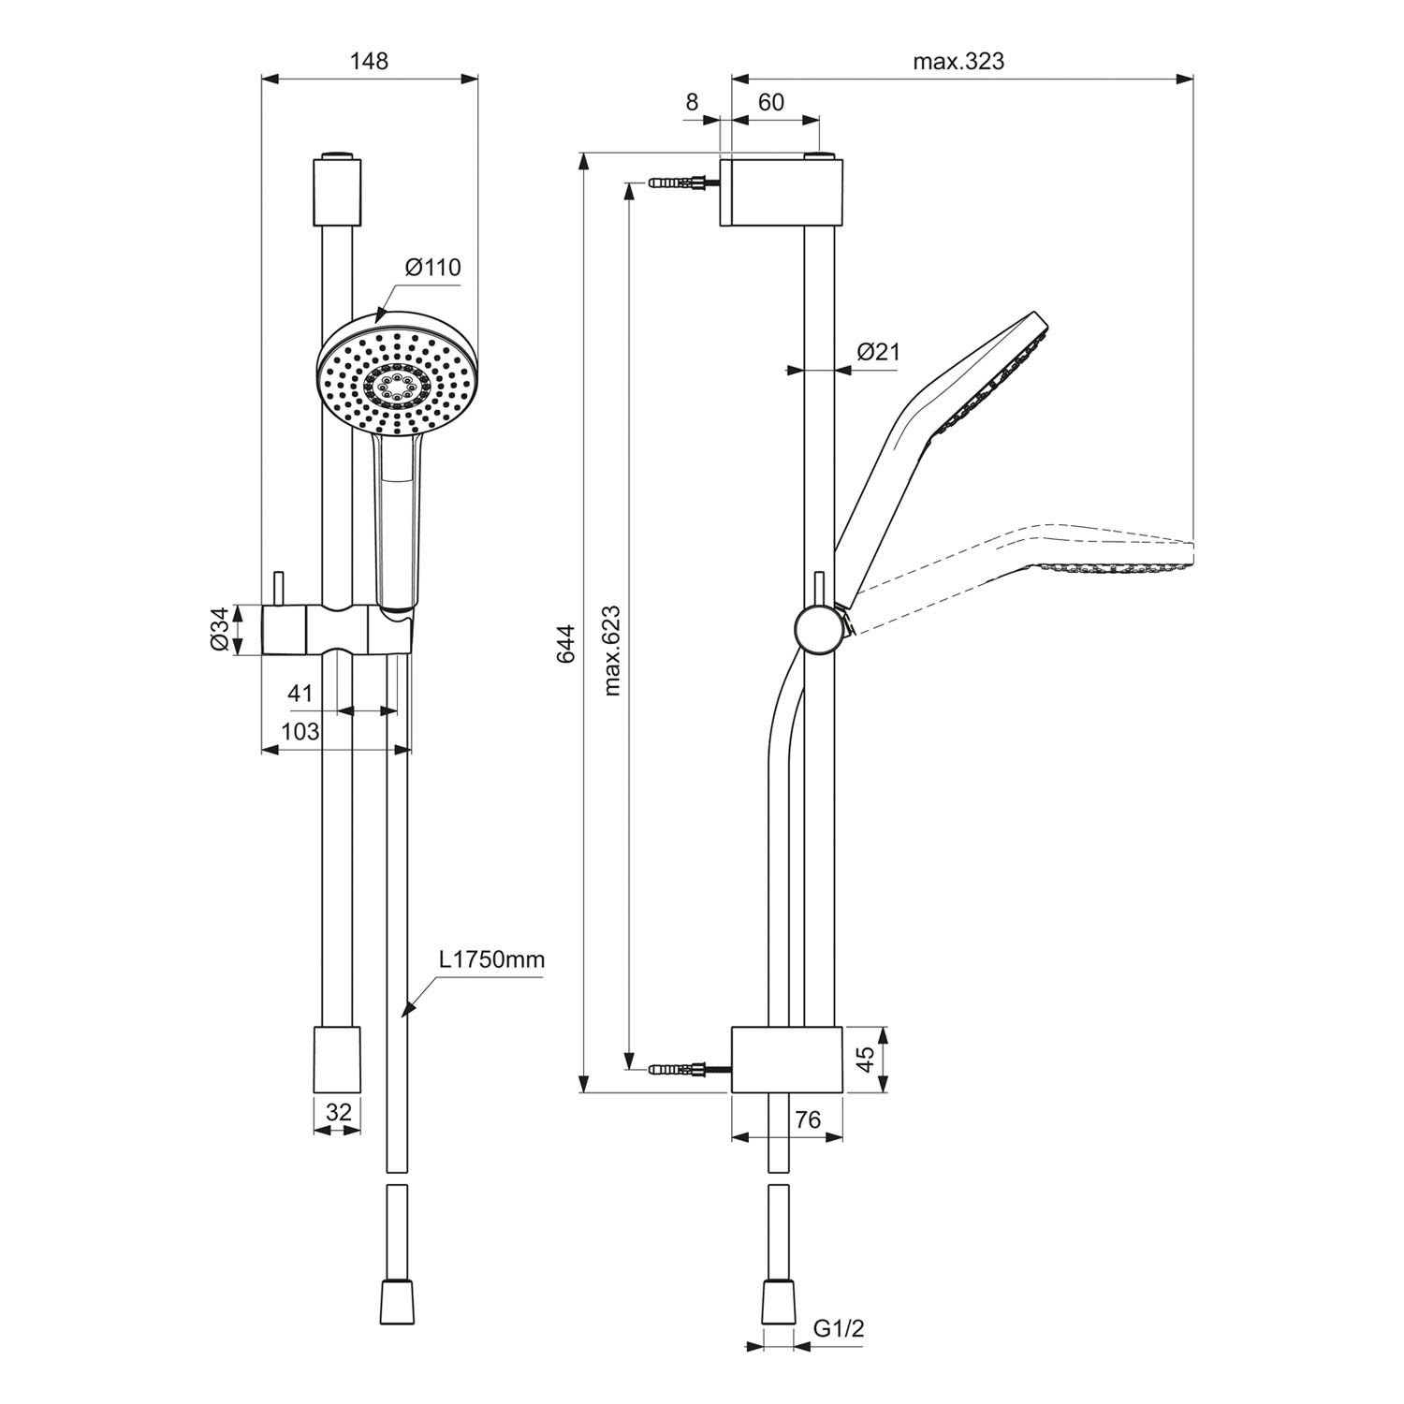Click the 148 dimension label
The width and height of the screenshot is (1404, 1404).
pyautogui.click(x=369, y=61)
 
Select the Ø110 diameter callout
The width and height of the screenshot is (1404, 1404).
pyautogui.click(x=433, y=268)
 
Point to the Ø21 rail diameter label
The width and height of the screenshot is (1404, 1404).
pyautogui.click(x=878, y=352)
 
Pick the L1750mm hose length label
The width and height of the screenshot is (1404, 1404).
pyautogui.click(x=491, y=959)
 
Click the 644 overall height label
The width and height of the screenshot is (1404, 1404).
pyautogui.click(x=566, y=644)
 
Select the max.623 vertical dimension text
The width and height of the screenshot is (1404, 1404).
pyautogui.click(x=612, y=651)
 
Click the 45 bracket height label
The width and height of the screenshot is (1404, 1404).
pyautogui.click(x=867, y=1059)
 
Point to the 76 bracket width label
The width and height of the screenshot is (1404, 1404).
pyautogui.click(x=807, y=1119)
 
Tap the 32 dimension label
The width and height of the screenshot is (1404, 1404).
pyautogui.click(x=338, y=1112)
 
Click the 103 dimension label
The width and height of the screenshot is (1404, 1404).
pyautogui.click(x=300, y=731)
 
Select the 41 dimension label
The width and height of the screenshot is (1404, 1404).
pyautogui.click(x=300, y=694)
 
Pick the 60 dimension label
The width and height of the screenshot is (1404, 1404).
pyautogui.click(x=771, y=102)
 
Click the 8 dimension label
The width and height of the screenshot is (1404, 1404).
pyautogui.click(x=692, y=102)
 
